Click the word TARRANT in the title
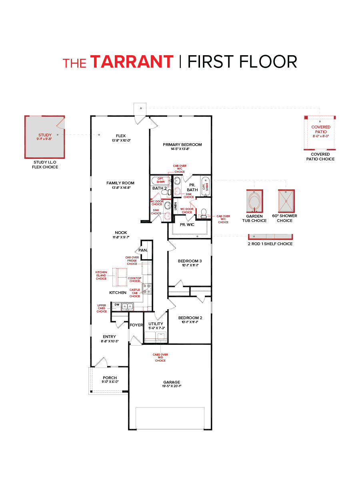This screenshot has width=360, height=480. click(x=132, y=62)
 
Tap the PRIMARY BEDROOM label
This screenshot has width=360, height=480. click(x=182, y=145)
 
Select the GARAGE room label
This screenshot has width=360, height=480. click(x=171, y=382)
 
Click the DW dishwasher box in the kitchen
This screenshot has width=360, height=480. click(x=117, y=305)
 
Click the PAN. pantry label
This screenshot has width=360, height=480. click(x=143, y=250)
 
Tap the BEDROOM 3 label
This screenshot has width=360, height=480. click(x=190, y=261)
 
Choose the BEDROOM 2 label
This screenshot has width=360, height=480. click(x=190, y=318)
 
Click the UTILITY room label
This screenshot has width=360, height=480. click(x=156, y=324)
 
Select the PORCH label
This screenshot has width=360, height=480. click(x=110, y=378)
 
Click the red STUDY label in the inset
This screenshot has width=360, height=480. click(x=45, y=135)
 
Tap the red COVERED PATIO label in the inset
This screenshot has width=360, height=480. click(x=321, y=129)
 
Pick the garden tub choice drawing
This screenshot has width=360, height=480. click(x=254, y=202)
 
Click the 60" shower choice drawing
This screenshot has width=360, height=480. click(x=286, y=202)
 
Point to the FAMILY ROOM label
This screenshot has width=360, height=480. click(x=120, y=183)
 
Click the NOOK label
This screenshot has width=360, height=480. click(x=121, y=232)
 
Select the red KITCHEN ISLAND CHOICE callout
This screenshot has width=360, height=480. click(x=101, y=275)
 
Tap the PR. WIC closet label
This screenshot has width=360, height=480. click(x=187, y=225)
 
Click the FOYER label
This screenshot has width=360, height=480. click(x=136, y=325)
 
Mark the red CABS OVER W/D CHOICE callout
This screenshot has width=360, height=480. click(x=160, y=358)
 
